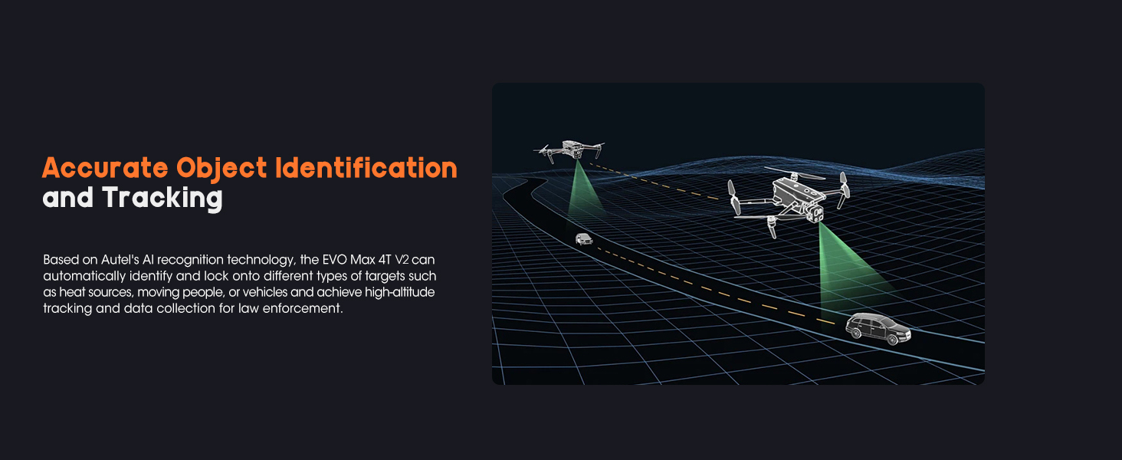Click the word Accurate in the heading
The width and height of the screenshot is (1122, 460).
[105, 168]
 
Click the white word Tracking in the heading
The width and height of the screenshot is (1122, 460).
[162, 199]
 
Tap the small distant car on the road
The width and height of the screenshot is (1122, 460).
[584, 238]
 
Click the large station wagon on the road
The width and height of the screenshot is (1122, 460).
[878, 328]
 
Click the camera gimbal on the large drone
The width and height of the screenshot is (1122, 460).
[818, 212]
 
